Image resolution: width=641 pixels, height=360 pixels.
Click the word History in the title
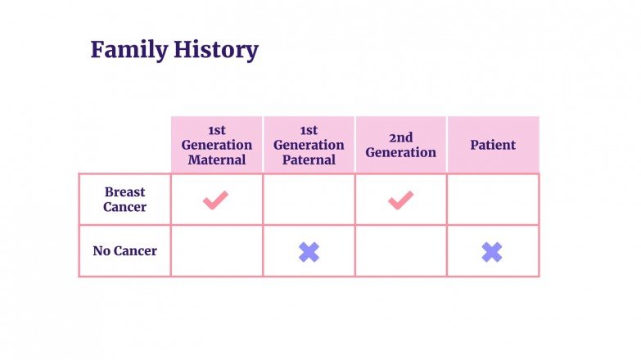click(x=215, y=51)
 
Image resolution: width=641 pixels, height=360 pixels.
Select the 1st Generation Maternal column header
click(x=217, y=145)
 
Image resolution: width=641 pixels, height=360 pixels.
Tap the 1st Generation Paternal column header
click(x=309, y=145)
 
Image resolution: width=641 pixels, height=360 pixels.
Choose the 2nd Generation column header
click(x=400, y=145)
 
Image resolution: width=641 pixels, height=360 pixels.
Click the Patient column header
click(x=493, y=145)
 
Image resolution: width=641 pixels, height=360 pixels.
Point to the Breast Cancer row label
click(x=124, y=200)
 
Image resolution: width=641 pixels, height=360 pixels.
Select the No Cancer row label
click(x=124, y=251)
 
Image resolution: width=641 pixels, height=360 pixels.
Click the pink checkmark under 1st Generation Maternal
click(x=216, y=199)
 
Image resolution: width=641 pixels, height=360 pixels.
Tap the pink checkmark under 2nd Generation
click(x=400, y=199)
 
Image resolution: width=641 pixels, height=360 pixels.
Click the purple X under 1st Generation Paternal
click(x=309, y=252)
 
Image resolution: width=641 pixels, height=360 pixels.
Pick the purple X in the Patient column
click(x=492, y=252)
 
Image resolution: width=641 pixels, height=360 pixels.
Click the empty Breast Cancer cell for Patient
click(x=493, y=200)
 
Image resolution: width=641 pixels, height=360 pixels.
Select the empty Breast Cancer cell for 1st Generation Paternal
click(x=309, y=200)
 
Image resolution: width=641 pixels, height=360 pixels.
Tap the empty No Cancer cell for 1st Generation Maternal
click(x=217, y=251)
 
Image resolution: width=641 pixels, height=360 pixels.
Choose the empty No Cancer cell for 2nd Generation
click(x=400, y=251)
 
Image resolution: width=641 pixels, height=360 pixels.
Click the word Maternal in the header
click(x=217, y=160)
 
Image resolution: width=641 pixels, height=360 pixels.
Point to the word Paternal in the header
click(x=309, y=160)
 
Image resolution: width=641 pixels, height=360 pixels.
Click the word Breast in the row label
click(x=124, y=192)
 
